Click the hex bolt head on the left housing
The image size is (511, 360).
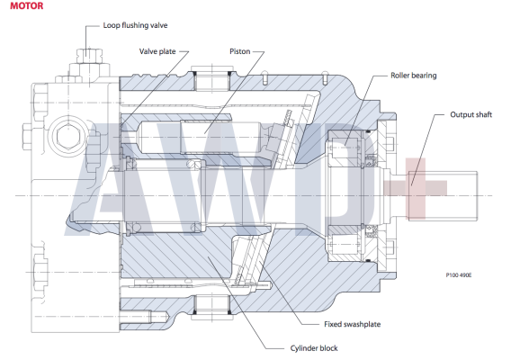click(x=67, y=139)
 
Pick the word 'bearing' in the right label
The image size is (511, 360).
click(x=427, y=76)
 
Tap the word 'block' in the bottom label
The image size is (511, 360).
click(x=327, y=347)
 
